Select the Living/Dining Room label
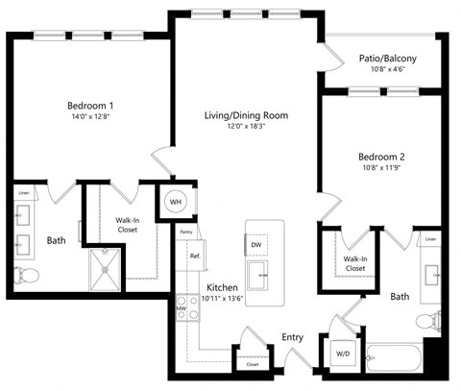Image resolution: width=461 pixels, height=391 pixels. [246, 115]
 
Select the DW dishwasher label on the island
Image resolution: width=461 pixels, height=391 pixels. [256, 246]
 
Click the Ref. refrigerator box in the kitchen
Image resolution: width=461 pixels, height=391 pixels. [194, 257]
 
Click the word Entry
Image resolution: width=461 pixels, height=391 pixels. [293, 338]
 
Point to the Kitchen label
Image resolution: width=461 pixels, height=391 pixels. [222, 288]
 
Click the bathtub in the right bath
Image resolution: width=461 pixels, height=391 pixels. [394, 360]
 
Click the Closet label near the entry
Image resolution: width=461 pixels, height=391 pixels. [252, 365]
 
